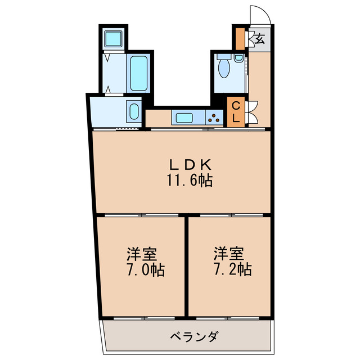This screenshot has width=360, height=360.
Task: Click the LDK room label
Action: click(191, 165)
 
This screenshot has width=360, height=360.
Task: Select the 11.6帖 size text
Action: click(189, 181)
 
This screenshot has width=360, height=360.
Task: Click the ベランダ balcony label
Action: click(194, 337)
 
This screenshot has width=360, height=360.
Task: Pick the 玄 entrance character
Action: click(260, 39)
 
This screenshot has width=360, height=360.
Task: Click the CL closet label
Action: click(236, 110)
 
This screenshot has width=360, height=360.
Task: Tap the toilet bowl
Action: click(224, 67)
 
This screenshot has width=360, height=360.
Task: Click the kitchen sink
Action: click(184, 118)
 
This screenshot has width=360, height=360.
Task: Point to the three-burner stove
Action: click(214, 118)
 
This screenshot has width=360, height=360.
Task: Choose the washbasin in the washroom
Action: click(133, 110)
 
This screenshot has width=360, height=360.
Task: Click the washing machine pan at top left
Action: click(115, 38)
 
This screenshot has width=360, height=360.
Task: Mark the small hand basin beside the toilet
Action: click(240, 58)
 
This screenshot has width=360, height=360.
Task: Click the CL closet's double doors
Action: click(251, 110)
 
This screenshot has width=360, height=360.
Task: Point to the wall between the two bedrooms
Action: click(186, 265)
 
